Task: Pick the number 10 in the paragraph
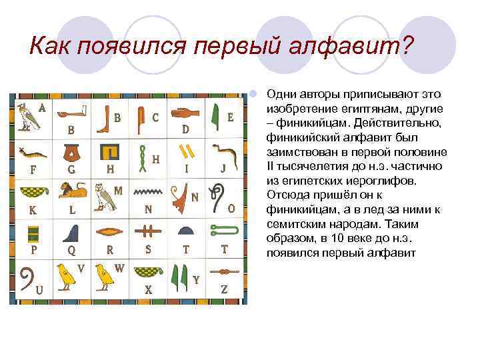pos(325,239)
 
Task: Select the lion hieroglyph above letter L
pos(71,191)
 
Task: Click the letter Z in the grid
pos(224,289)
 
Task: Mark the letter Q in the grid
pos(71,251)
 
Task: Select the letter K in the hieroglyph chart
pos(33,210)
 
